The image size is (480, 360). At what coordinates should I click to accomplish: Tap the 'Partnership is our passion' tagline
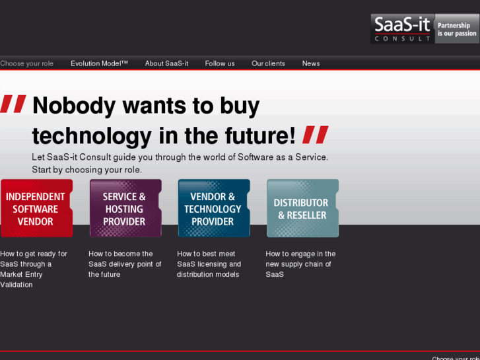(456, 29)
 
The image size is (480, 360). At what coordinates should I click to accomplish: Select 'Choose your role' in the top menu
(26, 63)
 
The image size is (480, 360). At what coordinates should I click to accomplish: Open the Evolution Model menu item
(99, 63)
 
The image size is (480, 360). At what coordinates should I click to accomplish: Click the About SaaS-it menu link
(166, 63)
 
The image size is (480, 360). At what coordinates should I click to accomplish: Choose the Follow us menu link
(220, 63)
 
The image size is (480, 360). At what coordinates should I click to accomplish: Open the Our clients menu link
(268, 63)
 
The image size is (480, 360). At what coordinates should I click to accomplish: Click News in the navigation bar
(311, 63)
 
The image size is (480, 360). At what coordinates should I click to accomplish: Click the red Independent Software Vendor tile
(36, 208)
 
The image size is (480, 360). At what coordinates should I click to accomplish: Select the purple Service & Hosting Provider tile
(125, 208)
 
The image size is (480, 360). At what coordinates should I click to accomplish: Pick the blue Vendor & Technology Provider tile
(213, 208)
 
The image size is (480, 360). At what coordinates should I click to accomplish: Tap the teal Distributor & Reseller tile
(302, 208)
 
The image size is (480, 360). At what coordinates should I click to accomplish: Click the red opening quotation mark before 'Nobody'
(13, 104)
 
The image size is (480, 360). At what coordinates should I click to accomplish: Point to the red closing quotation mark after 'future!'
(315, 135)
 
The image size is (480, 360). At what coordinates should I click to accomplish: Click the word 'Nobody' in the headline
(73, 106)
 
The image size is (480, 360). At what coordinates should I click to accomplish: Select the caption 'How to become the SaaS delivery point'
(124, 264)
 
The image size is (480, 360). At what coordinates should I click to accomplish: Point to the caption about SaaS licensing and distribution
(209, 264)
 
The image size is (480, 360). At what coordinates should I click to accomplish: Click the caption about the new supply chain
(300, 264)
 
